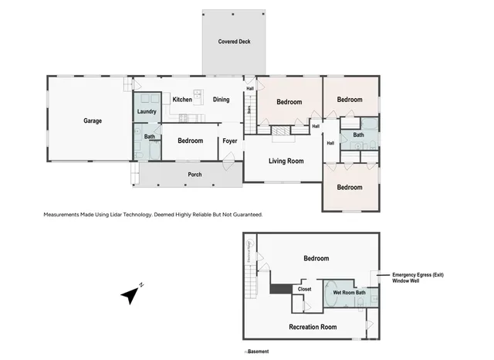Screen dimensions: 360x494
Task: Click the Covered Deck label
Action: coord(234,42)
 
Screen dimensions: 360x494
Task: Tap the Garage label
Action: coord(93,121)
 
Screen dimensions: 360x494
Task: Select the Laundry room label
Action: coord(147,112)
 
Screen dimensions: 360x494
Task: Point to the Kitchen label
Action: coord(182,100)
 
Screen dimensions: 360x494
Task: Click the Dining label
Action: coord(222,100)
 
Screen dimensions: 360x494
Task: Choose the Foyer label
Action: coord(230,141)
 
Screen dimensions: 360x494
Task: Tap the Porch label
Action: coord(195,175)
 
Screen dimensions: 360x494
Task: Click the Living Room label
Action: coord(286,161)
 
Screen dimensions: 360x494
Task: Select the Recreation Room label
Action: coord(312,327)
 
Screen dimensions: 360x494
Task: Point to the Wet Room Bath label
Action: coord(350,293)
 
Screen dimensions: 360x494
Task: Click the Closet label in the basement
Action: coord(305,290)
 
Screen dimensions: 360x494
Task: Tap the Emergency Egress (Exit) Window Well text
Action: coord(418,278)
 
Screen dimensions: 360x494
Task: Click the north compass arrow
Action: coord(132,294)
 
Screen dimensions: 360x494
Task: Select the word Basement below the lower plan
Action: coord(258,352)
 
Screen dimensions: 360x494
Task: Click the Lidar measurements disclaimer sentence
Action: coord(153,214)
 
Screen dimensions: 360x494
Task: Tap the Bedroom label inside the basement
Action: coord(316,258)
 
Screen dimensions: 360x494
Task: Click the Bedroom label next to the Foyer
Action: coord(190,141)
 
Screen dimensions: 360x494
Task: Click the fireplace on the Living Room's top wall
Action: coord(282,133)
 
